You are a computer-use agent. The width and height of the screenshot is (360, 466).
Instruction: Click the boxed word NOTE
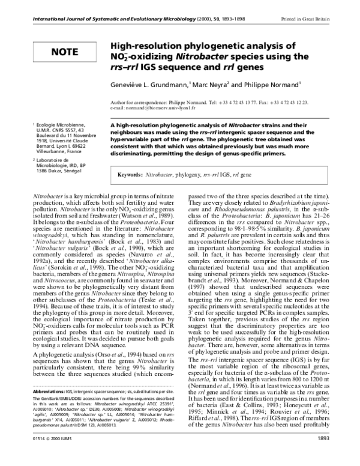click(x=64, y=52)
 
